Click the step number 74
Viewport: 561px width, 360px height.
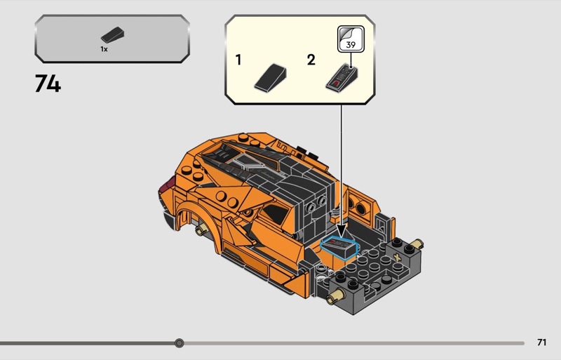click(x=48, y=84)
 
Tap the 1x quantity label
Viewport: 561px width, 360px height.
click(x=104, y=49)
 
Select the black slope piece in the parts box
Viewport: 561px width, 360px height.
click(x=112, y=35)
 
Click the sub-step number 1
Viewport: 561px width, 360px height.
click(x=238, y=60)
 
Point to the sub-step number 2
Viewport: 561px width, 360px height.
click(x=311, y=60)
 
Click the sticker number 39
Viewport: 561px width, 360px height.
click(x=351, y=45)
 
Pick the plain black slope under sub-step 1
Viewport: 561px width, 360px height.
click(x=270, y=77)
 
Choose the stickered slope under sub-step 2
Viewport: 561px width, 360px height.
click(x=342, y=78)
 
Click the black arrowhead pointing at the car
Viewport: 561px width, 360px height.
click(x=342, y=230)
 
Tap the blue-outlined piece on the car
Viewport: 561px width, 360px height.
click(x=339, y=248)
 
